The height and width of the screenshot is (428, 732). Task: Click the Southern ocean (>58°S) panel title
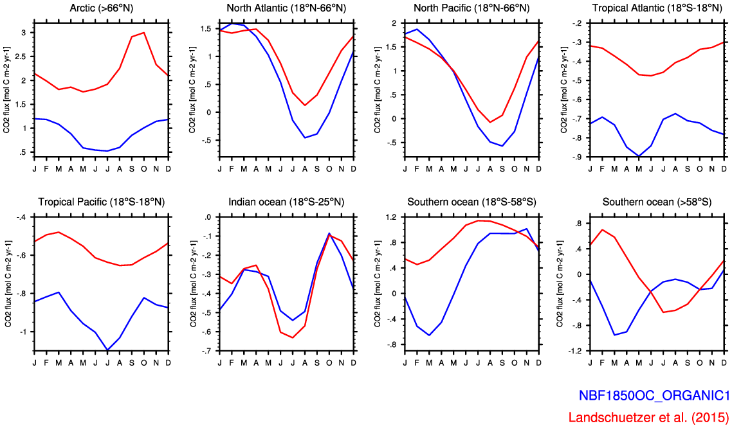(x=657, y=202)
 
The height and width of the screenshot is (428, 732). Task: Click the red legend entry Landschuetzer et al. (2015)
(x=648, y=417)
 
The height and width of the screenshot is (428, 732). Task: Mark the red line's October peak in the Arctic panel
(x=143, y=32)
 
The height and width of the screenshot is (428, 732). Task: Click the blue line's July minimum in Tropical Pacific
(x=107, y=350)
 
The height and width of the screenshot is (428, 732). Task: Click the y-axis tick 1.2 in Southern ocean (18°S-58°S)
(x=390, y=217)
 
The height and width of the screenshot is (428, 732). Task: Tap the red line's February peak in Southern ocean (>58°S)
(x=602, y=229)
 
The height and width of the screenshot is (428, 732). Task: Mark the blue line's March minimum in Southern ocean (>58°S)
(x=614, y=335)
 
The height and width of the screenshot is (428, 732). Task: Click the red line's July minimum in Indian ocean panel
(x=293, y=337)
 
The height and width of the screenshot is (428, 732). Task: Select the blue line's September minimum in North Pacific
(x=502, y=146)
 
